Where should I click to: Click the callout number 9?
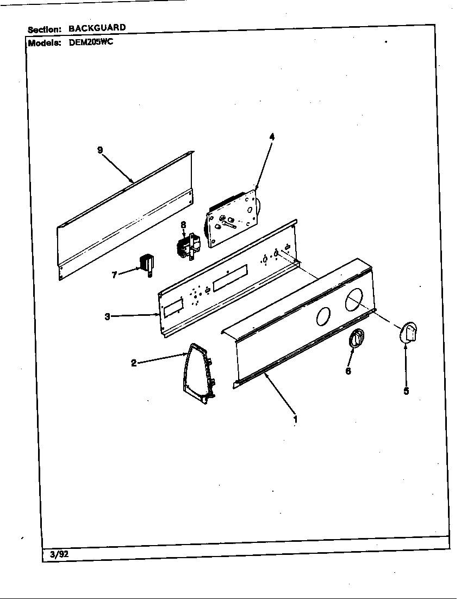click(100, 150)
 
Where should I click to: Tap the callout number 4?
click(271, 137)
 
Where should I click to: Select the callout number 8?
click(183, 224)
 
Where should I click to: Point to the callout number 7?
click(115, 275)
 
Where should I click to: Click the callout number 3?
click(108, 316)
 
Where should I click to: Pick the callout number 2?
click(134, 363)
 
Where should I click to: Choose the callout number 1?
click(295, 419)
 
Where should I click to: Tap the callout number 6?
click(348, 371)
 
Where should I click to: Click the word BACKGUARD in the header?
click(97, 27)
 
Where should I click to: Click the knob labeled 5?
click(409, 332)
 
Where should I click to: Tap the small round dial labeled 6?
click(356, 339)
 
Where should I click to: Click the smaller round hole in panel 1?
click(322, 316)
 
